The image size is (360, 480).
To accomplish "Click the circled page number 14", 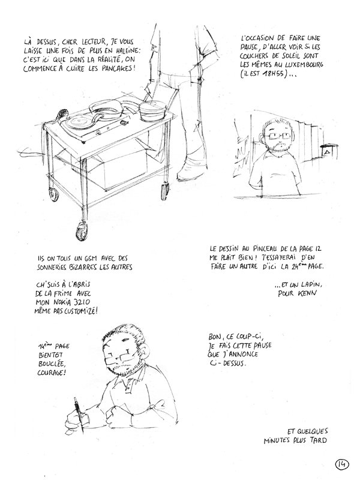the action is click(342, 464).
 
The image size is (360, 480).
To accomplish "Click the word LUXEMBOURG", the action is click(303, 65).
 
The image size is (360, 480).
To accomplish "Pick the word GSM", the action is click(89, 259).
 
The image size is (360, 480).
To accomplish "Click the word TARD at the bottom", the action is click(318, 440).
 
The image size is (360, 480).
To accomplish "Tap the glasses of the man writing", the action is click(122, 358).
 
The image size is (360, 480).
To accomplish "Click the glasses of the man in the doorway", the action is click(277, 135).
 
